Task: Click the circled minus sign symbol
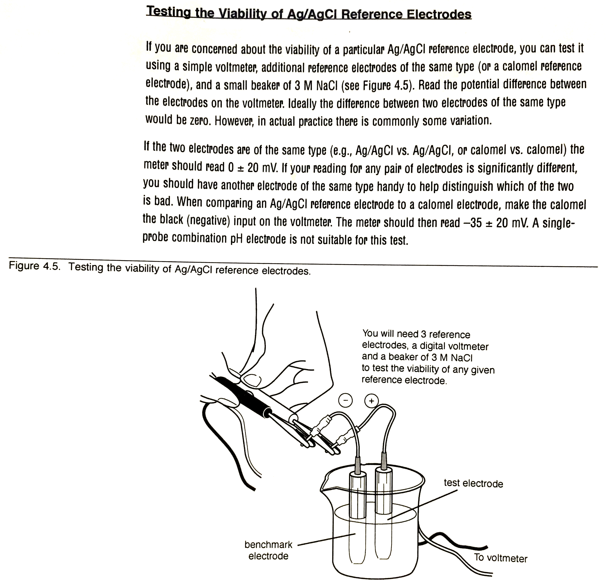coord(345,400)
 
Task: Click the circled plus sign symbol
coord(371,400)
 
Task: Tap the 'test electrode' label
coord(473,484)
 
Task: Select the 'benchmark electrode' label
coord(268,550)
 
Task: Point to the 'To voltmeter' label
coord(500,558)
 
